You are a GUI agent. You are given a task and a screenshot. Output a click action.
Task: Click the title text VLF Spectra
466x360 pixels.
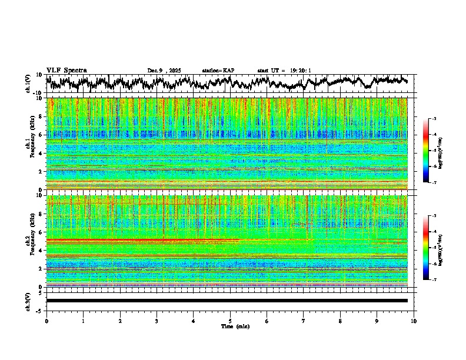[66, 70]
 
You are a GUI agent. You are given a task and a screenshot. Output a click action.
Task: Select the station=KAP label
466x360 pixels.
[218, 71]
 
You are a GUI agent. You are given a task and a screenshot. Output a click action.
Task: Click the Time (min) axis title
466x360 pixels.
[230, 326]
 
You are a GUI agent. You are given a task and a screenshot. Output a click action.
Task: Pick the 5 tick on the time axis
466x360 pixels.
[230, 321]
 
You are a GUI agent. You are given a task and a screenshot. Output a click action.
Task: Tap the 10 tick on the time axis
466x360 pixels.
[414, 321]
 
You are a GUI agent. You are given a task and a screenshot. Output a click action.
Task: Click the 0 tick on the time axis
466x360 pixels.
[46, 321]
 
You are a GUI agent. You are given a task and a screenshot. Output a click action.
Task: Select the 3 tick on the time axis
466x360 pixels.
[157, 321]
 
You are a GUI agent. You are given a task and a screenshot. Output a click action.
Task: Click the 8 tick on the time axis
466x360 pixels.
[340, 321]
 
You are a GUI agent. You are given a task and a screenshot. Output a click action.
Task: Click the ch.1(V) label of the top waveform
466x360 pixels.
[28, 84]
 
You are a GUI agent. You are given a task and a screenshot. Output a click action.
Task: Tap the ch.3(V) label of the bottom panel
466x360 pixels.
[28, 301]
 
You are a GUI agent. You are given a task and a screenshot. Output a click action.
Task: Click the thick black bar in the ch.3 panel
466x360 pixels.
[227, 301]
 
